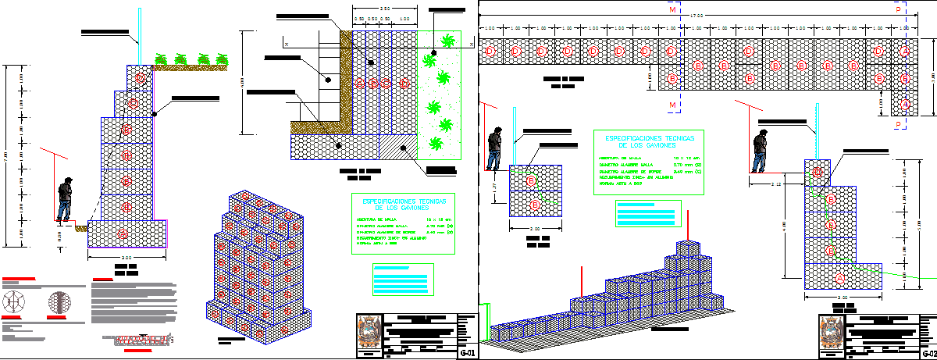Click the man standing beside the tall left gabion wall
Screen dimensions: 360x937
(66, 200)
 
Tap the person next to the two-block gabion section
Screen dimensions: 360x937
(493, 149)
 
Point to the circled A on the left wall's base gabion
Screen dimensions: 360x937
(123, 233)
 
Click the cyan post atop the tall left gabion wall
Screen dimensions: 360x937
(140, 36)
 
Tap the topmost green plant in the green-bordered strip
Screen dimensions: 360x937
(447, 41)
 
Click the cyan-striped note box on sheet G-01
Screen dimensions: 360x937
(403, 279)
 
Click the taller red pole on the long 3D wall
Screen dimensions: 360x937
(688, 226)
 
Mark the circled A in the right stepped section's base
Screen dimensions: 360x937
(840, 277)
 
